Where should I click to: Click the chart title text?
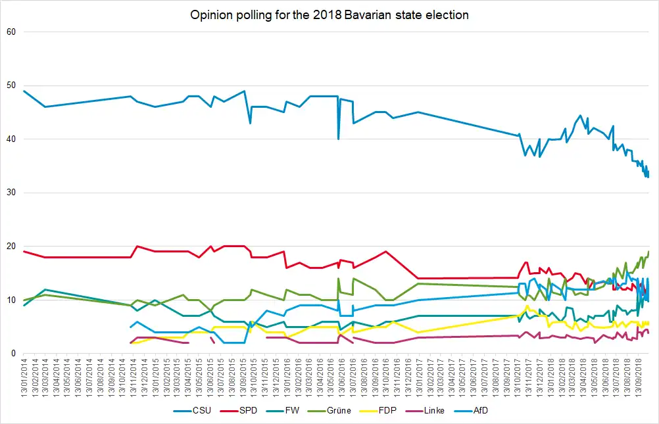(x=329, y=14)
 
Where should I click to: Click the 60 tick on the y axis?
(x=11, y=32)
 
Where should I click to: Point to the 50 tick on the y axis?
(x=11, y=85)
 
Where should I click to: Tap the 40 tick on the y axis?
(x=11, y=139)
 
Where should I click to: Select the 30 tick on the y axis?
(x=11, y=193)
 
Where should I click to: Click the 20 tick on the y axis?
(x=11, y=247)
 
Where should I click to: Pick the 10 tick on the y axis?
(x=11, y=300)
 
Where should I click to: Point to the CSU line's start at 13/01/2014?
(x=24, y=91)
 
